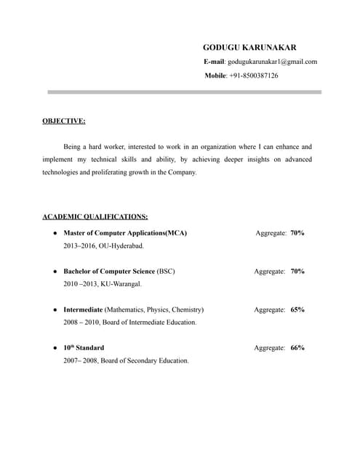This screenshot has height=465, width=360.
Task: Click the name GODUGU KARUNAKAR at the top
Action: click(x=249, y=47)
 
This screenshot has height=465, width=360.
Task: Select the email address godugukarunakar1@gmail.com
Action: click(x=272, y=61)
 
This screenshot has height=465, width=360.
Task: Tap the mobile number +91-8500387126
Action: click(x=253, y=75)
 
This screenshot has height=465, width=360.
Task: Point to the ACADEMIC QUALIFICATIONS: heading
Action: click(x=95, y=217)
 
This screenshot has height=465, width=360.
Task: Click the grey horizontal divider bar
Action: click(x=185, y=92)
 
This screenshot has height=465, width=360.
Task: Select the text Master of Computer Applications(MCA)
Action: click(x=125, y=233)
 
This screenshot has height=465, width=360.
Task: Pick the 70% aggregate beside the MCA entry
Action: click(x=297, y=233)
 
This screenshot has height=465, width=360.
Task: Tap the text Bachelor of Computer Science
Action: click(x=109, y=271)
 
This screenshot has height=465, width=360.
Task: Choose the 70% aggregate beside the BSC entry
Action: click(x=297, y=271)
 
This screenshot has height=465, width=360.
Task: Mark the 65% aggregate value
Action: click(x=297, y=310)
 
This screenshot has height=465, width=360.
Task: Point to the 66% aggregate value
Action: click(x=297, y=347)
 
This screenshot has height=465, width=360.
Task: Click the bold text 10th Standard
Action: click(x=84, y=347)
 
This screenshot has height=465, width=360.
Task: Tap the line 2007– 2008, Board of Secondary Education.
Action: click(x=126, y=360)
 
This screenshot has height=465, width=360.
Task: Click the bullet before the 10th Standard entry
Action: click(x=55, y=348)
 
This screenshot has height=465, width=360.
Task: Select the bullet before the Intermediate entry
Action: click(x=55, y=310)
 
